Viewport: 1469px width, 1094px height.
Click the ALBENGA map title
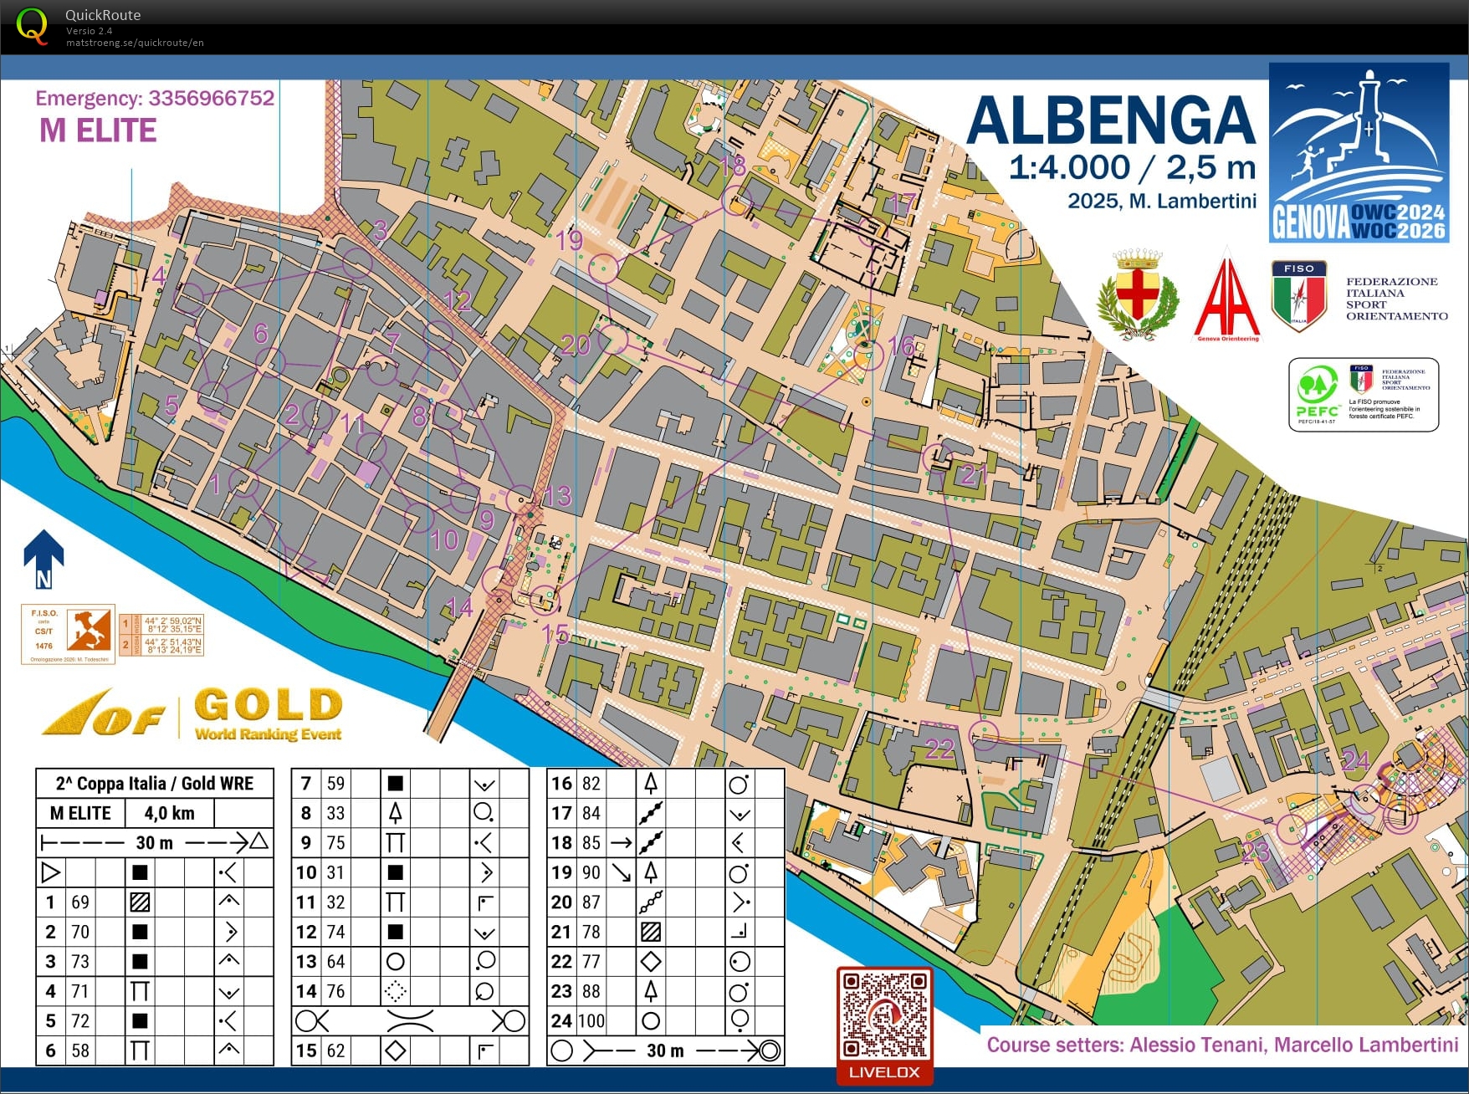pos(1110,122)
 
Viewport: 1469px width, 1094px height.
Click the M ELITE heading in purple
pos(98,130)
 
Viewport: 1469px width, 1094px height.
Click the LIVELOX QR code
pos(884,1015)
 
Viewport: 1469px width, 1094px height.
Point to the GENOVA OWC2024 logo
pos(1359,152)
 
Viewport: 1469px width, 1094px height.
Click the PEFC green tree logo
pos(1317,390)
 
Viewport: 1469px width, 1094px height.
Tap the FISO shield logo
pos(1298,294)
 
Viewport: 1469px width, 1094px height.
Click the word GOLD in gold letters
pos(269,704)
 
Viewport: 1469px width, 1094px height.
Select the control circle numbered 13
pos(521,499)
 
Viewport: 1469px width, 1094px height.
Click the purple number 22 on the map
pos(940,748)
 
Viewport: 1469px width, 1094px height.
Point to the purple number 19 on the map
pos(570,241)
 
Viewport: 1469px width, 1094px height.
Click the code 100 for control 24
pos(591,1020)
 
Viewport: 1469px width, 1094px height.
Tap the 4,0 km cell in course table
pos(169,813)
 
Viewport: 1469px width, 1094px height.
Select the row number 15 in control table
pos(306,1051)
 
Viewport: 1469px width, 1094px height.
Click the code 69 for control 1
pos(79,902)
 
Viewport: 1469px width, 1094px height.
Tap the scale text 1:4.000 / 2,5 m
pos(1132,167)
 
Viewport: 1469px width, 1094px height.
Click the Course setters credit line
pos(1222,1045)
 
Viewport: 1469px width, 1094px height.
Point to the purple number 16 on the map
pos(901,345)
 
